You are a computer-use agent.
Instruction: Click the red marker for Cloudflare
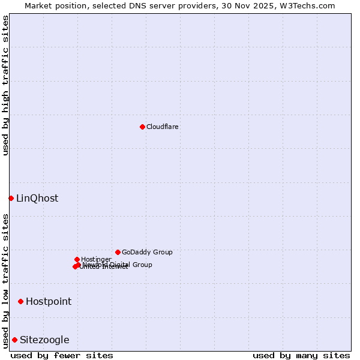(x=142, y=127)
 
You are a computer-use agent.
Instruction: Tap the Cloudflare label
(x=163, y=127)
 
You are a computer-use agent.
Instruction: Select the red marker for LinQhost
(x=11, y=198)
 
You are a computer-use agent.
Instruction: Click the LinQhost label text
(x=37, y=199)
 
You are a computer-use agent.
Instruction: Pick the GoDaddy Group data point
(x=118, y=252)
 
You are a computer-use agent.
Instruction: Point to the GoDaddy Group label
(x=147, y=252)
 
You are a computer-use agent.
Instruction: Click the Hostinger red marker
(x=77, y=259)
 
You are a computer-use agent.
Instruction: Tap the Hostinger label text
(x=96, y=259)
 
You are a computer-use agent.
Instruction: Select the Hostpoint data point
(x=20, y=301)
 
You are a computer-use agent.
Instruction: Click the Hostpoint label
(x=49, y=302)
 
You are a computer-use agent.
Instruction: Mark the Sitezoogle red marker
(x=14, y=340)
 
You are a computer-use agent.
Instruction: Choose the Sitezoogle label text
(x=44, y=340)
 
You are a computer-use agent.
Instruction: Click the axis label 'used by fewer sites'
(x=62, y=355)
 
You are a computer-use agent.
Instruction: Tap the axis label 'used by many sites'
(x=301, y=355)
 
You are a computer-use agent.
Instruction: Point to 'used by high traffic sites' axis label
(x=5, y=85)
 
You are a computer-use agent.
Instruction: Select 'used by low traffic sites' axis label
(x=5, y=280)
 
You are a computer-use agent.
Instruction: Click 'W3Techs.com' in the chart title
(x=310, y=5)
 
